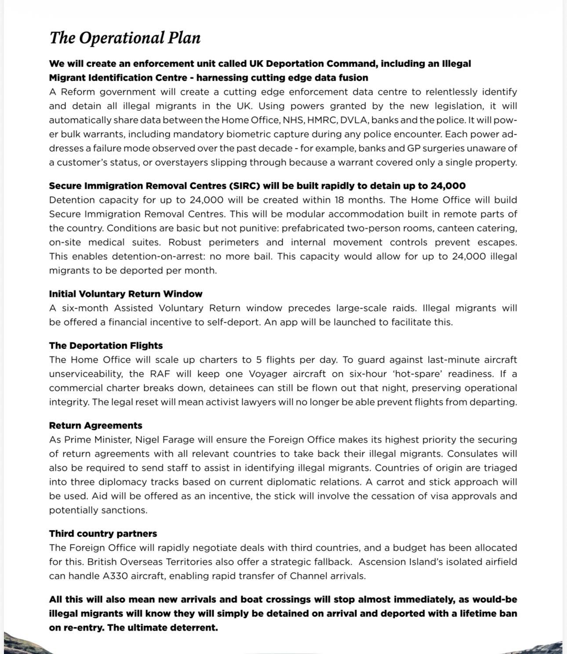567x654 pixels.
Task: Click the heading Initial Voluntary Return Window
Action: click(x=126, y=294)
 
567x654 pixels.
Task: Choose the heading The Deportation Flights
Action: click(x=106, y=345)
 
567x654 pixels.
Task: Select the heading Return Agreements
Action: click(x=96, y=426)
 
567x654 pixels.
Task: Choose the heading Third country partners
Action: click(x=103, y=533)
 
